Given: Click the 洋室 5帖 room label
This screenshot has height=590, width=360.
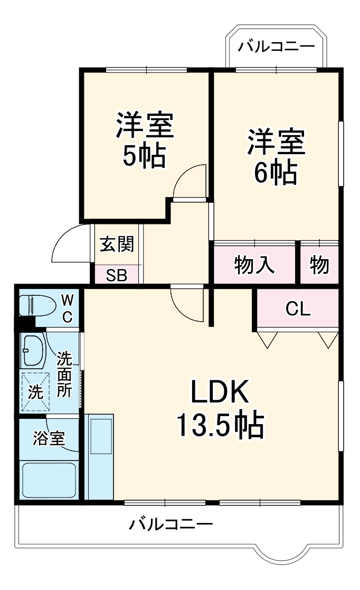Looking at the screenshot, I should click(144, 139).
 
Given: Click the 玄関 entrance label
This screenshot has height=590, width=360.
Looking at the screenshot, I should click(117, 245).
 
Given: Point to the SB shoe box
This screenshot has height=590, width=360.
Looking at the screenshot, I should click(117, 275).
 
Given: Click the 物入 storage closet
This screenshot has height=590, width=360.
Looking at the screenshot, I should click(254, 265).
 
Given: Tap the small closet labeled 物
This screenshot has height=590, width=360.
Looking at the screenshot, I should click(319, 265).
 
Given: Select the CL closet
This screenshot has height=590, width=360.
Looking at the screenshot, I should click(298, 309).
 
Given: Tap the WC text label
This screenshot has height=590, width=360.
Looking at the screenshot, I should click(67, 308).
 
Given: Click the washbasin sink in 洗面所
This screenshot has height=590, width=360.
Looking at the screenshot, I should click(33, 350).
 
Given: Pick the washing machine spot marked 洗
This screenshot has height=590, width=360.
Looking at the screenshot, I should click(35, 392).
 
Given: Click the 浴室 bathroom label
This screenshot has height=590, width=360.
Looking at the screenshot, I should click(49, 438).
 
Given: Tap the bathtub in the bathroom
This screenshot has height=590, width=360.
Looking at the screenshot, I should click(49, 479).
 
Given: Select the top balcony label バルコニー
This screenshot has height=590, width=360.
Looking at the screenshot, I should click(276, 47).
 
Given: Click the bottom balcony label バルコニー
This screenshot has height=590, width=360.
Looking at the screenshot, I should click(172, 525).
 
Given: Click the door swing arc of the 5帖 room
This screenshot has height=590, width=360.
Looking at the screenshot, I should click(190, 182).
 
